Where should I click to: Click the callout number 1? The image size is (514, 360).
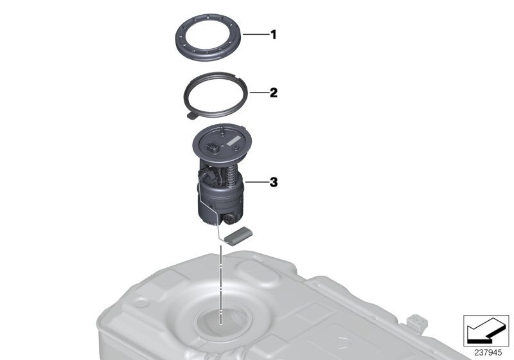(x=273, y=35)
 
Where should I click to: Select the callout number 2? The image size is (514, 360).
(x=273, y=93)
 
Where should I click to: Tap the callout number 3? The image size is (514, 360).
(x=273, y=183)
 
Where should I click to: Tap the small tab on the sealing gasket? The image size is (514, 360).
(x=191, y=116)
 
